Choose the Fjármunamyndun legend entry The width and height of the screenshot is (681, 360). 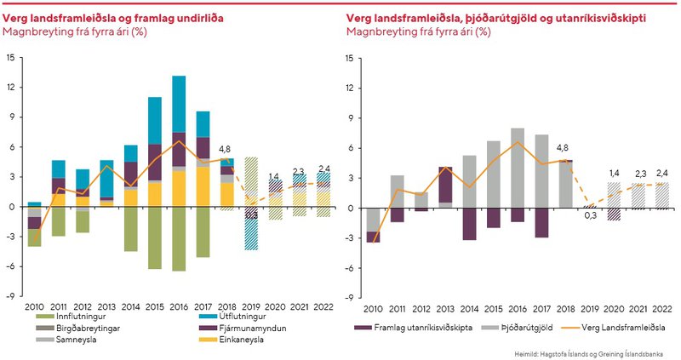pos(216,327)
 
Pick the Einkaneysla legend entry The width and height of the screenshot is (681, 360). pos(211,340)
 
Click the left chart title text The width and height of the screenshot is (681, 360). pos(114,18)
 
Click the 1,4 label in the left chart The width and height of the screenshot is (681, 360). pos(274,177)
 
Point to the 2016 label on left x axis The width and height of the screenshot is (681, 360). pos(179,306)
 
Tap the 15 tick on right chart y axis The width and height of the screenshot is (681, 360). pos(348,58)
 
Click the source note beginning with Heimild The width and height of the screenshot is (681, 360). pos(595,351)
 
